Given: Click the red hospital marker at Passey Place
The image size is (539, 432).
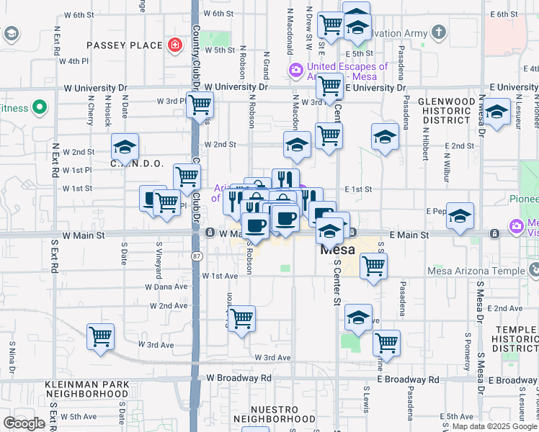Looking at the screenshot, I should (x=174, y=45).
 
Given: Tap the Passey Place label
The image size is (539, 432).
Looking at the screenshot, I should (x=125, y=45).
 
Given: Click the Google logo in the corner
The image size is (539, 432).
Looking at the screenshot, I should (x=24, y=423).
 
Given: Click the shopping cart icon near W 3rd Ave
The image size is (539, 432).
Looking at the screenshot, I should (x=100, y=336).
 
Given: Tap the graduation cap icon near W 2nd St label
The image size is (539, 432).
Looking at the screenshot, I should (x=125, y=148).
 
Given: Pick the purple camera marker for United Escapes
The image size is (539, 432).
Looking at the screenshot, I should (x=295, y=71).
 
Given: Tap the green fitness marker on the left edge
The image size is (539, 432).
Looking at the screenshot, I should (x=40, y=109).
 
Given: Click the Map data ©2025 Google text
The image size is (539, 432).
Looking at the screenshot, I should (x=494, y=426).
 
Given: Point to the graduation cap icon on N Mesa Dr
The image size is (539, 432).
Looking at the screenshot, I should (x=496, y=112).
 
